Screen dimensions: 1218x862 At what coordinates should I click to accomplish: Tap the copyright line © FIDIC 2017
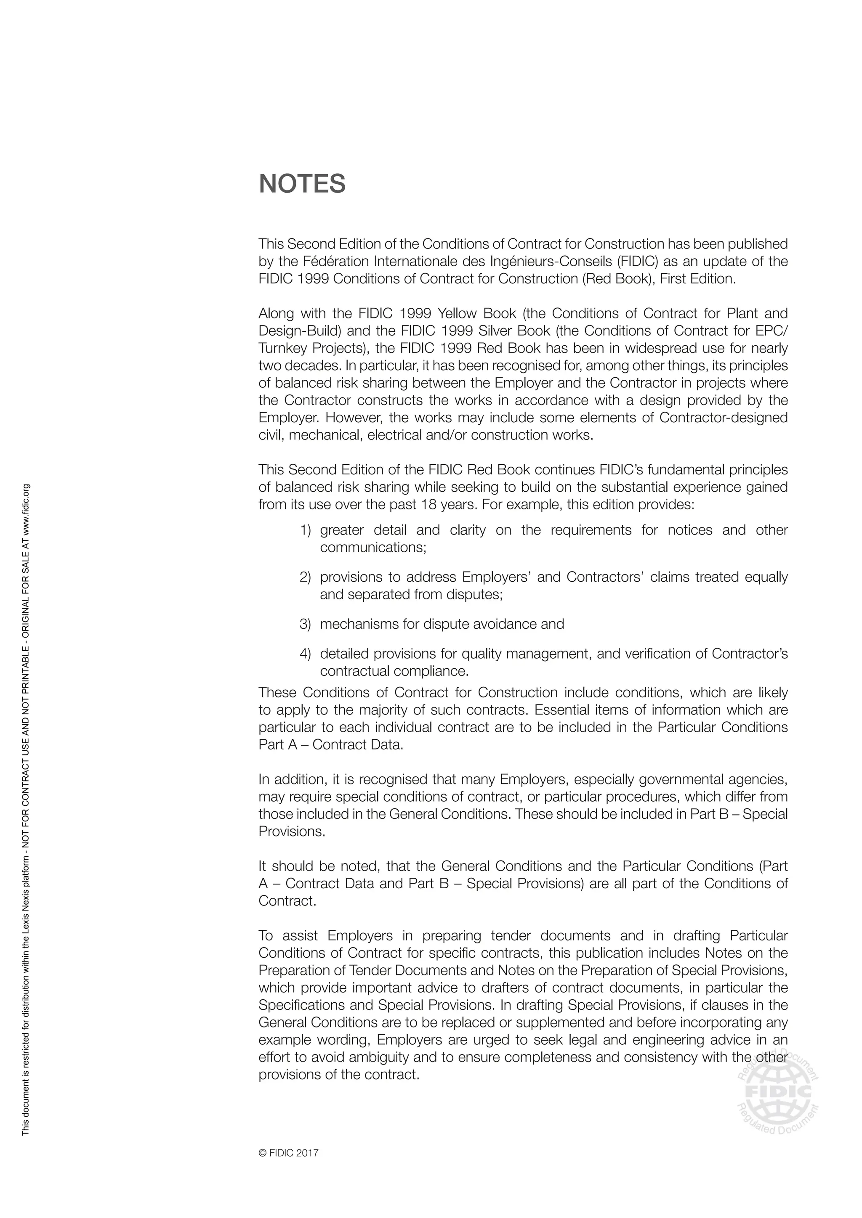click(288, 1153)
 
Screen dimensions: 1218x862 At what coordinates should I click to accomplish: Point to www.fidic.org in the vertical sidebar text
click(26, 510)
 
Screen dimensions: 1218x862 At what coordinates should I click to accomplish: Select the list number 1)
click(305, 530)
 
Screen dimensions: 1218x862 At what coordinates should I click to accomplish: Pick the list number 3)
click(305, 624)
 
